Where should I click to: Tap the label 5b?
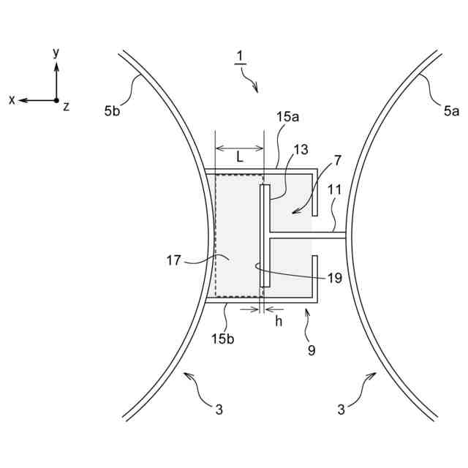112,111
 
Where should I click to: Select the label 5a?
450,111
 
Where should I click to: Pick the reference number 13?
301,150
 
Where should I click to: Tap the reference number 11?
335,189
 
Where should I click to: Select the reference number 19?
334,278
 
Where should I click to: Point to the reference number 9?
312,350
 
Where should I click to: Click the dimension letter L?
239,156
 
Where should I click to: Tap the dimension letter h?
279,322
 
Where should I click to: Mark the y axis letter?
56,53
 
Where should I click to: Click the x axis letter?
12,100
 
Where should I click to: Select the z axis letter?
67,107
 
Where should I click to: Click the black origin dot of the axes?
56,99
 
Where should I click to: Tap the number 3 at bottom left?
219,410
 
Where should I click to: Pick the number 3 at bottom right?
341,410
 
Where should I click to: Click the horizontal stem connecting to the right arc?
307,235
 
